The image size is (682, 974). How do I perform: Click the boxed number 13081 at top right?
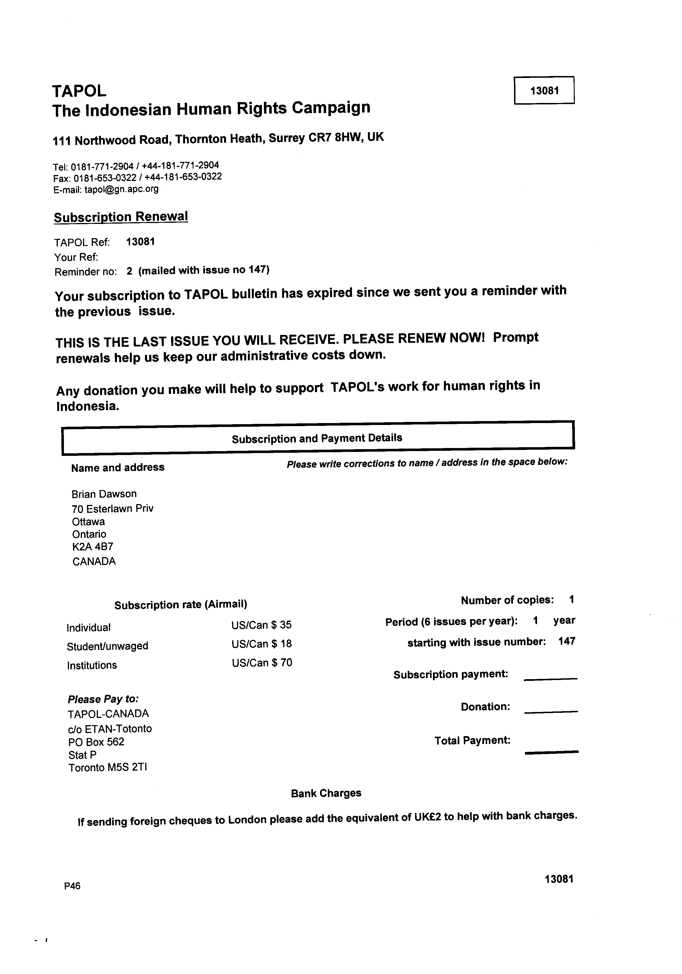click(544, 90)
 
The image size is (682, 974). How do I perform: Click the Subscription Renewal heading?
click(121, 217)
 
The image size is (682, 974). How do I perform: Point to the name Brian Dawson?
click(104, 494)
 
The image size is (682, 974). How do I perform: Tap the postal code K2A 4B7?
click(93, 547)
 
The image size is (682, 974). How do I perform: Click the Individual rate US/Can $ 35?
click(261, 625)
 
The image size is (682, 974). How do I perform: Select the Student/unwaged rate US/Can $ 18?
click(261, 644)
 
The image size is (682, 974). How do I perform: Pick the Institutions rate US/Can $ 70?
click(262, 663)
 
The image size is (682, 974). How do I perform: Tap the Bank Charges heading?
click(326, 793)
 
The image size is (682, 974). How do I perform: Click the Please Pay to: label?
click(103, 699)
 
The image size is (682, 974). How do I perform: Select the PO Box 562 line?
click(96, 742)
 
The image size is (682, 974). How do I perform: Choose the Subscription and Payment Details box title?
click(317, 438)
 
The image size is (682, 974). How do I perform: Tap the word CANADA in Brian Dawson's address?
click(94, 562)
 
